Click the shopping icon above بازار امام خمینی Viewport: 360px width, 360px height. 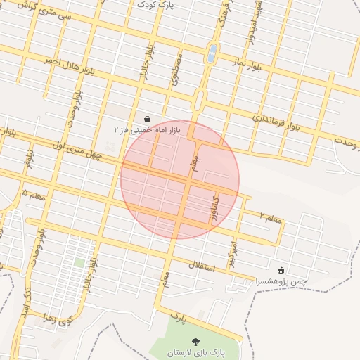pyautogui.click(x=147, y=119)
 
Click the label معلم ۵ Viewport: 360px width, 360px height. pyautogui.click(x=34, y=194)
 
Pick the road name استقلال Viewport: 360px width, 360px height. pyautogui.click(x=204, y=265)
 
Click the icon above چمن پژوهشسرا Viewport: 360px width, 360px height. pyautogui.click(x=281, y=270)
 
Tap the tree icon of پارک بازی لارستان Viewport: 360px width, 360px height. pyautogui.click(x=195, y=341)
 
